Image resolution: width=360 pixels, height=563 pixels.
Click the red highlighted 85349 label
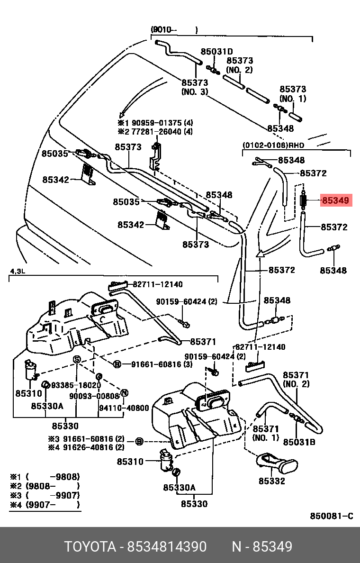(336, 200)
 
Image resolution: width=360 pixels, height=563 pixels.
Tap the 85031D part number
(216, 52)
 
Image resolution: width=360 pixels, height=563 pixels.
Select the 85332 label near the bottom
(271, 481)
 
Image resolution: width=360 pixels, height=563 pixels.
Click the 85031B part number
(299, 442)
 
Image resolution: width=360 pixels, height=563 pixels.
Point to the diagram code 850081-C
(332, 516)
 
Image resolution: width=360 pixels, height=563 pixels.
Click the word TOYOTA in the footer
(90, 547)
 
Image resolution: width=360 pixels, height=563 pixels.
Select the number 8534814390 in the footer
(167, 547)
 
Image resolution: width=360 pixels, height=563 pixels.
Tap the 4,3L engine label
(18, 271)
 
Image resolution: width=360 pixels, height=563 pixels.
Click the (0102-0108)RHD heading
(273, 145)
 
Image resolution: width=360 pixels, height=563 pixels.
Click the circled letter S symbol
(76, 360)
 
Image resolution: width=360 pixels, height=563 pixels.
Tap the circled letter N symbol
(125, 392)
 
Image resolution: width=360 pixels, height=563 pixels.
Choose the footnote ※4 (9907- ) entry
(45, 505)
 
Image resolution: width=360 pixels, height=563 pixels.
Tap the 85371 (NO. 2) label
(296, 379)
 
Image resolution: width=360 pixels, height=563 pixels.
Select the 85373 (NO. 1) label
(292, 94)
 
